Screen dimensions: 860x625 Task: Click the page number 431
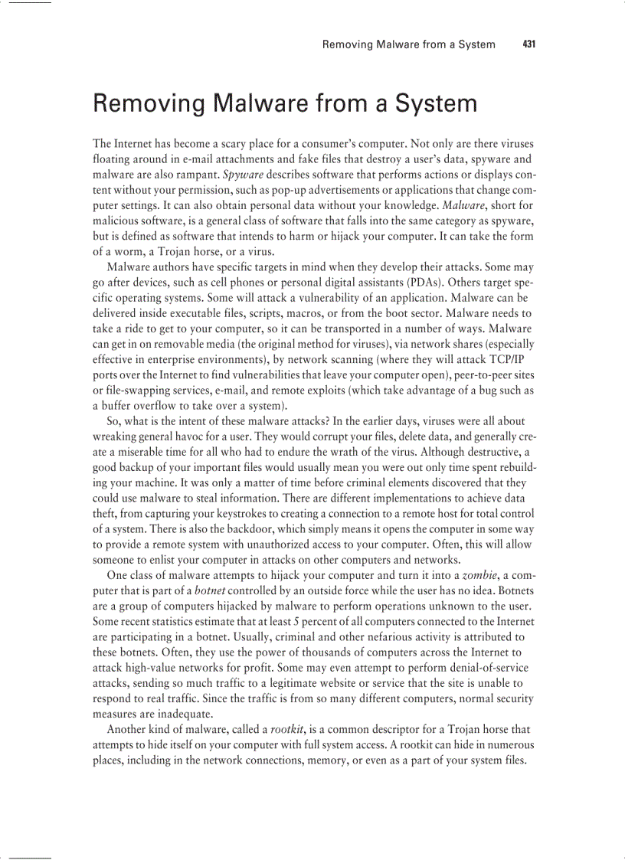(x=528, y=44)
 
